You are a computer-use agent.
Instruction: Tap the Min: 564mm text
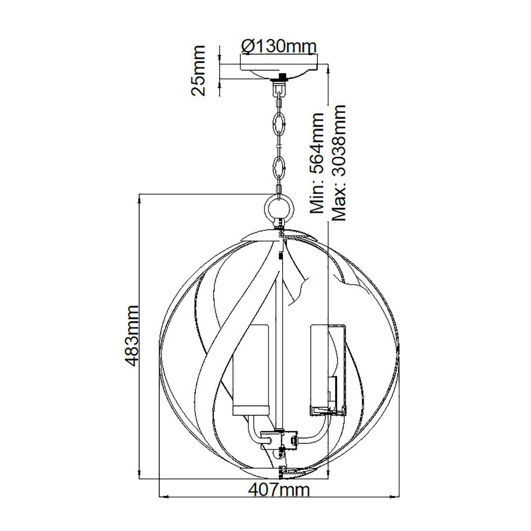317,163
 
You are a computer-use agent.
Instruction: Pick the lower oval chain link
279,168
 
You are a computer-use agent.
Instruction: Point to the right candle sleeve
327,369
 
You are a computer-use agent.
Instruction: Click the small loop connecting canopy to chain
279,89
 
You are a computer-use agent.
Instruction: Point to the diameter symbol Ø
248,46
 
